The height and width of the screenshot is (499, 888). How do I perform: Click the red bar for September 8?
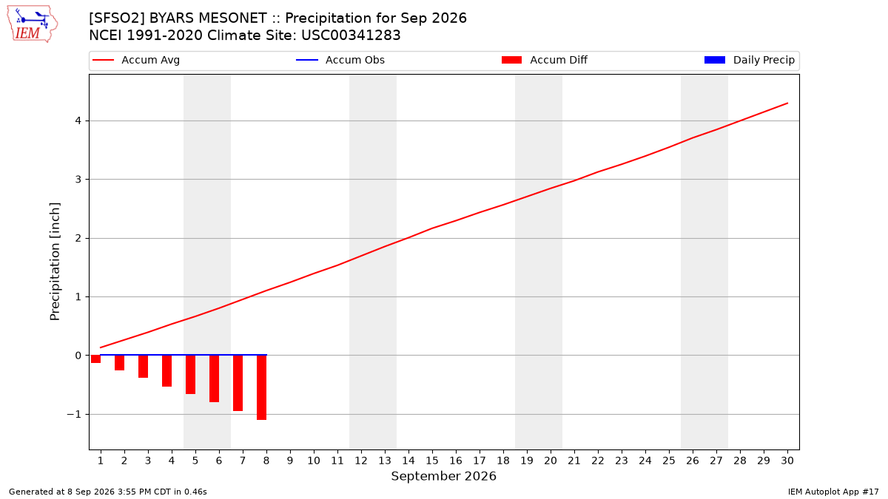pos(262,387)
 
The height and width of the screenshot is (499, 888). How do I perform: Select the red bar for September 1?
pos(96,359)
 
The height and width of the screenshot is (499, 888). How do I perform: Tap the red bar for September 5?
pos(191,375)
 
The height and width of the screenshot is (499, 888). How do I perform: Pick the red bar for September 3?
pos(143,367)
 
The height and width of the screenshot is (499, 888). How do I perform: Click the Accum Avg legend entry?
pos(136,60)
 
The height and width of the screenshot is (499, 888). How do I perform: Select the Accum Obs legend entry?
pos(340,60)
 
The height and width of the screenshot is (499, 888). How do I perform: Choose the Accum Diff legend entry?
pos(545,60)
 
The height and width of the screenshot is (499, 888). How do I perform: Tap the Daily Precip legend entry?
pos(749,60)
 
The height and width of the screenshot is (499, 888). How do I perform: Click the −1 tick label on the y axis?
pos(74,414)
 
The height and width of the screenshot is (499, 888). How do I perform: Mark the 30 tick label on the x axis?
pos(787,461)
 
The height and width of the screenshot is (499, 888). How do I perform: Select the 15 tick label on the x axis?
pos(432,461)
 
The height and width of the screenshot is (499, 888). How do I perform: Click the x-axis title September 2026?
pos(443,476)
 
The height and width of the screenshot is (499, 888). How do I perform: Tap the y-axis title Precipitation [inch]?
pos(55,262)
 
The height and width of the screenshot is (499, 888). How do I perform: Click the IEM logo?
pos(32,24)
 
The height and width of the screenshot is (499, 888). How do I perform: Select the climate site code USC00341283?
pos(351,35)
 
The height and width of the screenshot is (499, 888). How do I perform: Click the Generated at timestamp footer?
pos(108,492)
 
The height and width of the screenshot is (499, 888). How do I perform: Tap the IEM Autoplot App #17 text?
pos(833,492)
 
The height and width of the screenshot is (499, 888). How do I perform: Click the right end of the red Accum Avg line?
pos(787,103)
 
